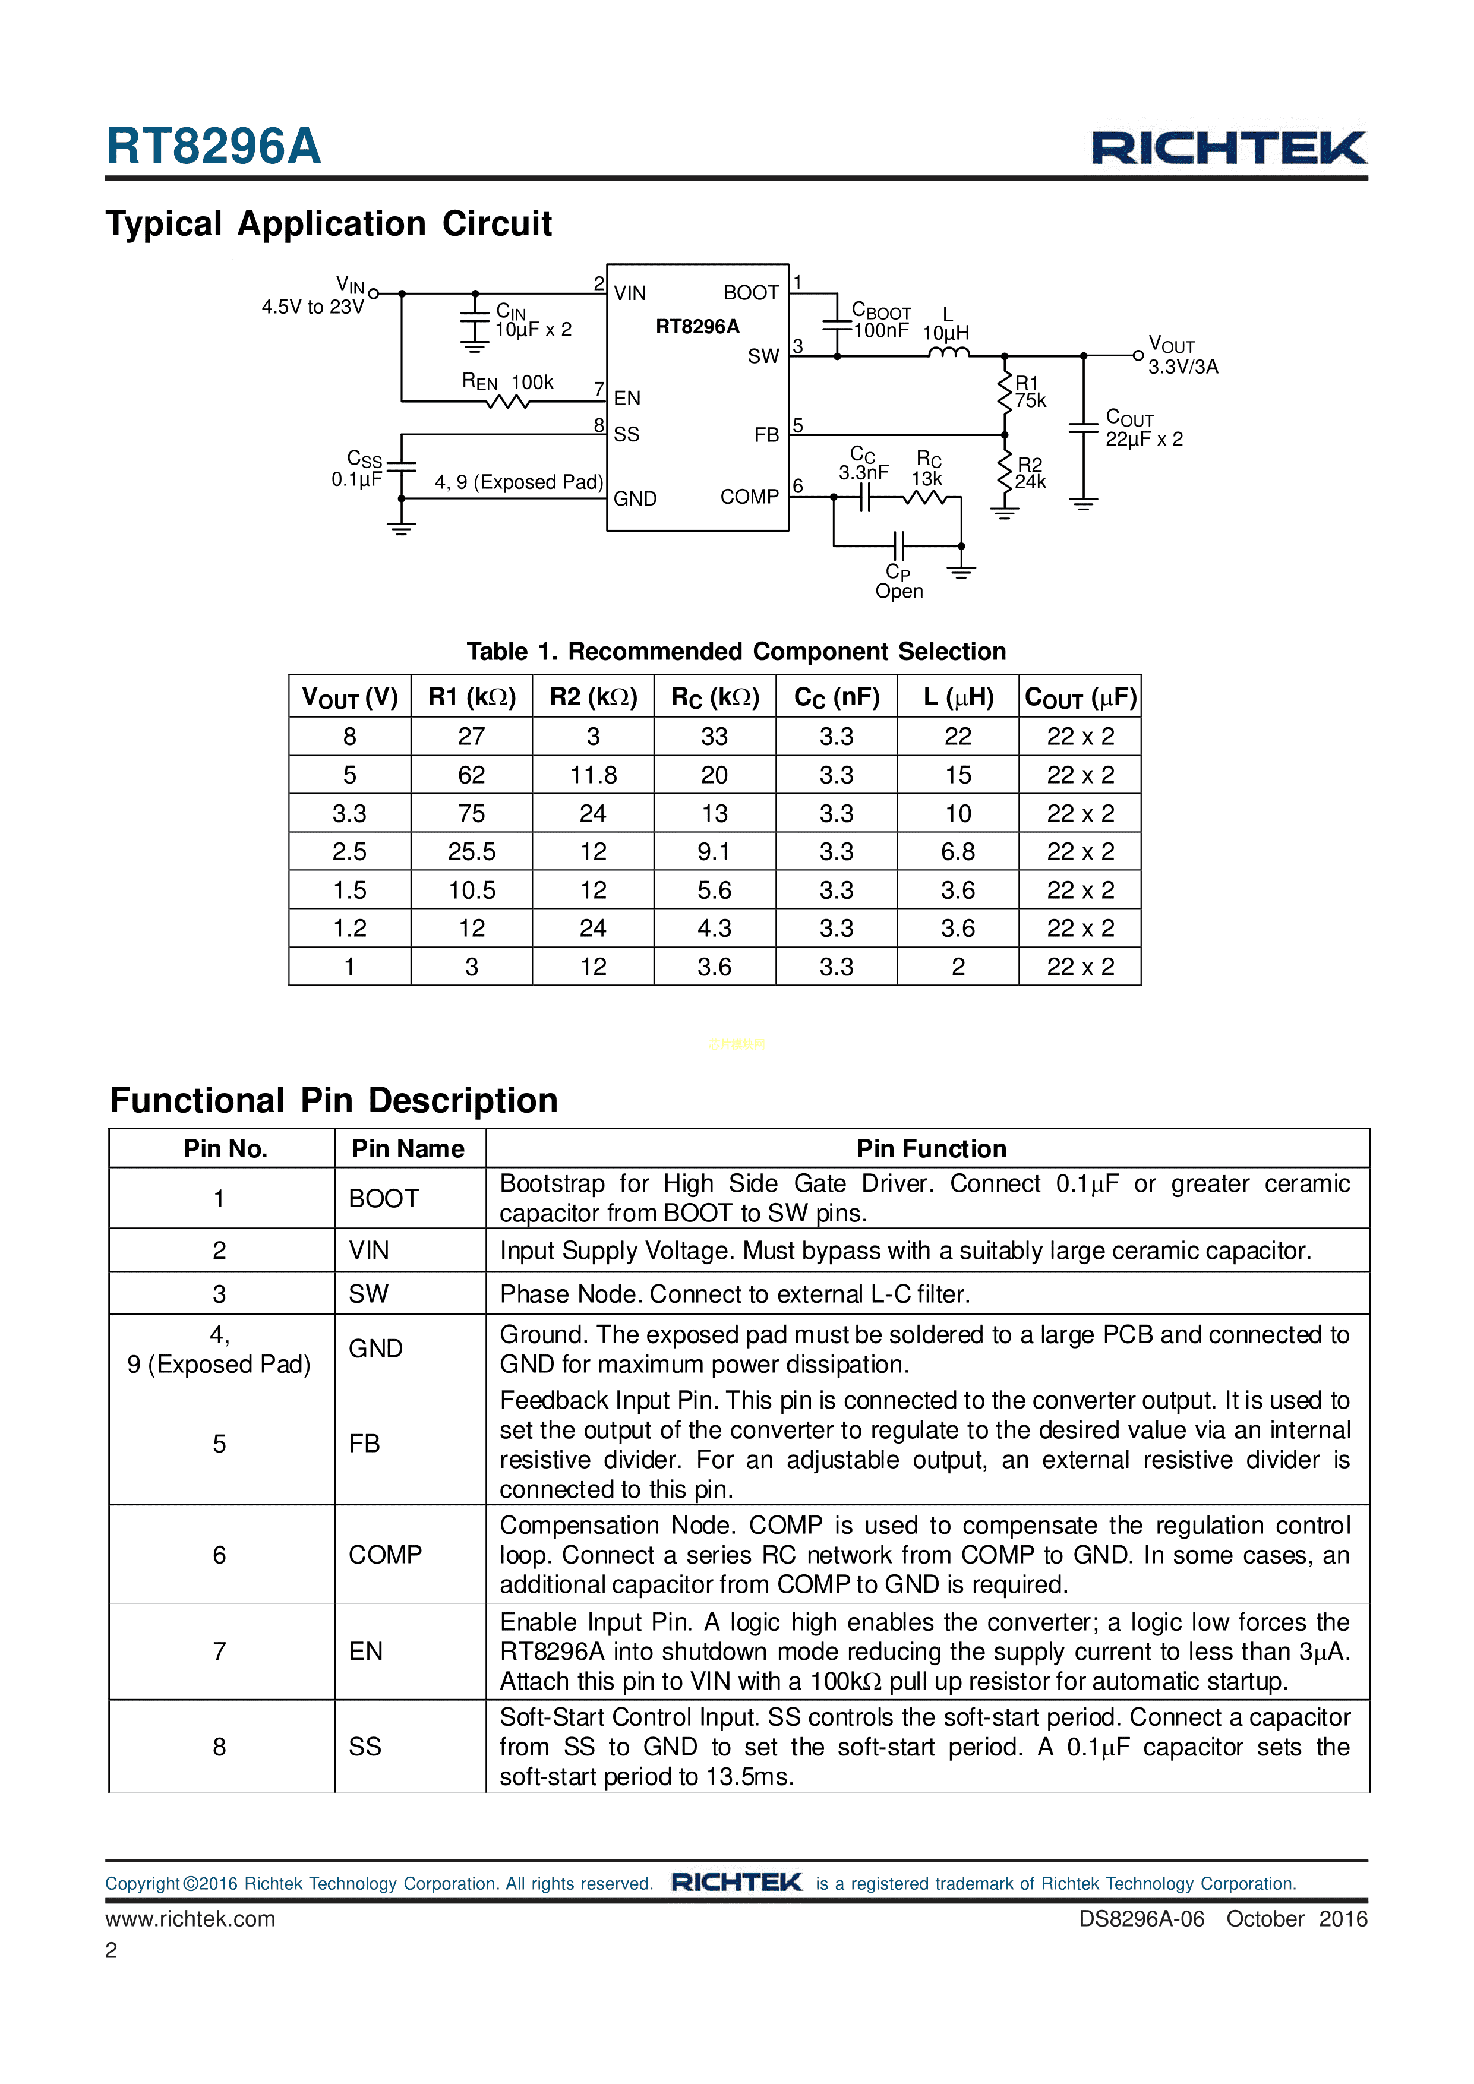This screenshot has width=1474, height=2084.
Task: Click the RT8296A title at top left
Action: pyautogui.click(x=214, y=146)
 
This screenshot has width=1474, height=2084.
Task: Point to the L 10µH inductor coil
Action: pyautogui.click(x=948, y=353)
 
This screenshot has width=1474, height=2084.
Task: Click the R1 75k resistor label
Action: pyautogui.click(x=1029, y=392)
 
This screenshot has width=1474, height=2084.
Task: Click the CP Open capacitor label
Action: pyautogui.click(x=898, y=582)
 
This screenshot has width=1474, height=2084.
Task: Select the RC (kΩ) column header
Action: pyautogui.click(x=714, y=697)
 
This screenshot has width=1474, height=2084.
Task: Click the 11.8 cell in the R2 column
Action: pyautogui.click(x=593, y=775)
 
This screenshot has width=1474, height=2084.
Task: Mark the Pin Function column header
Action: pyautogui.click(x=931, y=1149)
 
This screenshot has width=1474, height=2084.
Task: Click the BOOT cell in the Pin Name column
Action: pyautogui.click(x=384, y=1199)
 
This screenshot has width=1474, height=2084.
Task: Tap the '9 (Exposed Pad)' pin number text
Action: pyautogui.click(x=219, y=1364)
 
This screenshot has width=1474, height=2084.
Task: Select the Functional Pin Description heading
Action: pyautogui.click(x=333, y=1100)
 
